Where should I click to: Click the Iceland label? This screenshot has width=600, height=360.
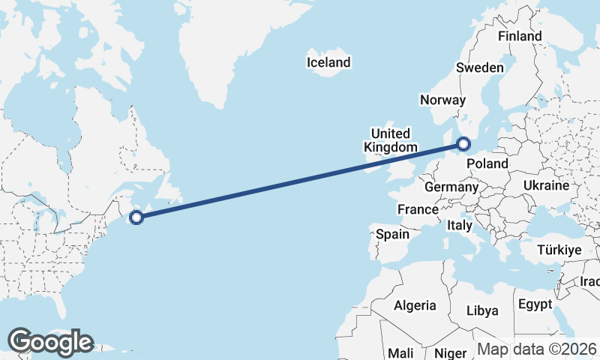point(328,62)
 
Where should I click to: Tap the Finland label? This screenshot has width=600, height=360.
point(520,36)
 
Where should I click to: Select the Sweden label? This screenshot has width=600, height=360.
point(480,67)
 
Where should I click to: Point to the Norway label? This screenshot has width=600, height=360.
point(443,100)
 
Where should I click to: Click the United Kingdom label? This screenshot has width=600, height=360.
point(389,140)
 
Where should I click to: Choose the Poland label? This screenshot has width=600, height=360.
point(487,163)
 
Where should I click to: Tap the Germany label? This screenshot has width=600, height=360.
point(451,187)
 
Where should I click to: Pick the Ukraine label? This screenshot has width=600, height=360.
point(546,185)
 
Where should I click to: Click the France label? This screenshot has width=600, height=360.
point(418,209)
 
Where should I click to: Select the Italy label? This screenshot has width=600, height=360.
point(459,225)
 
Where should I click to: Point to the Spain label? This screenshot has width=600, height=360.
point(392,234)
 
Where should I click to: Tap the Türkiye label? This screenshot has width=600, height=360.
point(559,250)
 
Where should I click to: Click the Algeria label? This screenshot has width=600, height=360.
point(415,305)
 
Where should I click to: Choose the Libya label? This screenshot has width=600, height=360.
point(481,310)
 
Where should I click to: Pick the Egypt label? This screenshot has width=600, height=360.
point(534,304)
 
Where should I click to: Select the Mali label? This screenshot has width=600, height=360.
point(400,352)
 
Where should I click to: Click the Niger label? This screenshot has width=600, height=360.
point(451,352)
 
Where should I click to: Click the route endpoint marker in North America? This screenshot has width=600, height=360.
point(136,217)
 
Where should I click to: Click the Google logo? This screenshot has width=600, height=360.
point(50,342)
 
